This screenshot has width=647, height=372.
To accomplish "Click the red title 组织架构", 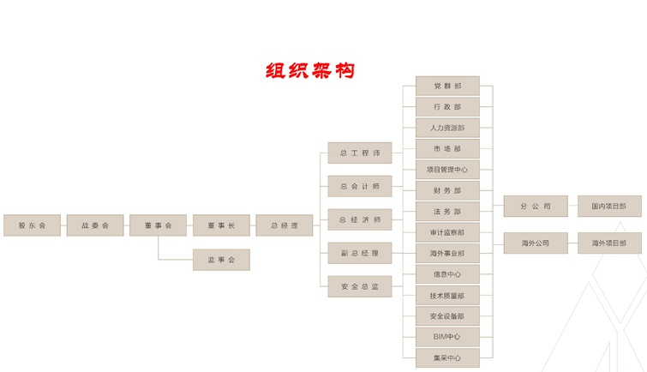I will [x=309, y=71].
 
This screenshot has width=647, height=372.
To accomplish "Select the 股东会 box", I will [x=32, y=225].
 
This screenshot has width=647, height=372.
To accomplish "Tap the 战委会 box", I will [x=95, y=225].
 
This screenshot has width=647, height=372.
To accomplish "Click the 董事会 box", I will [x=158, y=225].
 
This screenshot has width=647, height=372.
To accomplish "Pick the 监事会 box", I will [x=221, y=260].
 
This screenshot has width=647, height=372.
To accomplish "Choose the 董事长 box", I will [x=221, y=225].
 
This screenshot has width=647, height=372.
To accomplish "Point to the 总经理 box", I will [x=285, y=225].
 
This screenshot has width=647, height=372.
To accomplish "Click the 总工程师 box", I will [x=360, y=153].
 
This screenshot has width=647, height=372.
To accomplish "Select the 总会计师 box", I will [x=360, y=187].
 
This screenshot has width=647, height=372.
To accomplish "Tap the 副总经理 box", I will [x=360, y=254].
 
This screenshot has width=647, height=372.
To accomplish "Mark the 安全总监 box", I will [x=360, y=287].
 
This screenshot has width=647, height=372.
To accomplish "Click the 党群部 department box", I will [x=447, y=87].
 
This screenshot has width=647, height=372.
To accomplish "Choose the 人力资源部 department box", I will [x=447, y=128].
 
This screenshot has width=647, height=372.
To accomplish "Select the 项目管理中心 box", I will [x=447, y=170].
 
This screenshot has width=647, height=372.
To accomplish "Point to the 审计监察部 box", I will [x=447, y=232].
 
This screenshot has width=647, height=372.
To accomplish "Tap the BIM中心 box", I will [x=447, y=337].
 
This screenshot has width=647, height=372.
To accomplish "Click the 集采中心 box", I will [x=447, y=357].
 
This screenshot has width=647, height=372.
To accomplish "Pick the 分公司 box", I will [x=536, y=207].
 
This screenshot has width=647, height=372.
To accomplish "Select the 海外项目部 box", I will [x=609, y=243].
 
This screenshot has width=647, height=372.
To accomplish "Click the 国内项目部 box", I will [x=609, y=207].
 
